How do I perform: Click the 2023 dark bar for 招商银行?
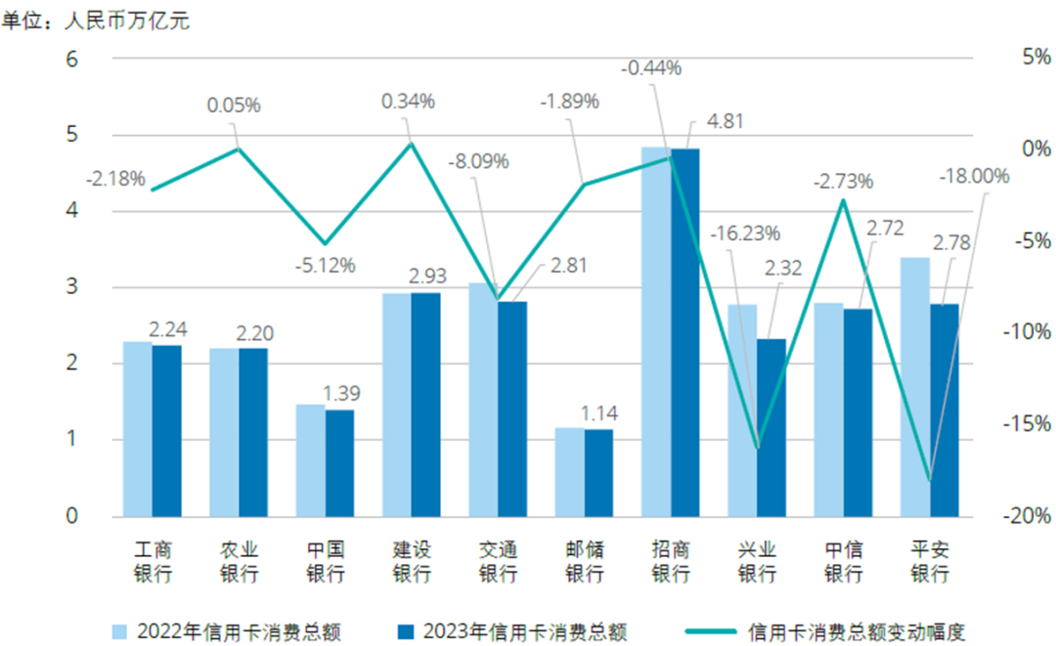coord(685,332)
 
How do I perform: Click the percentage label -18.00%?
coord(973,176)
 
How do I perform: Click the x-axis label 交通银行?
coord(498,562)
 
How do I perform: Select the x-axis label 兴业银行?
coord(757,562)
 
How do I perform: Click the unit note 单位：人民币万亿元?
coord(95,21)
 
